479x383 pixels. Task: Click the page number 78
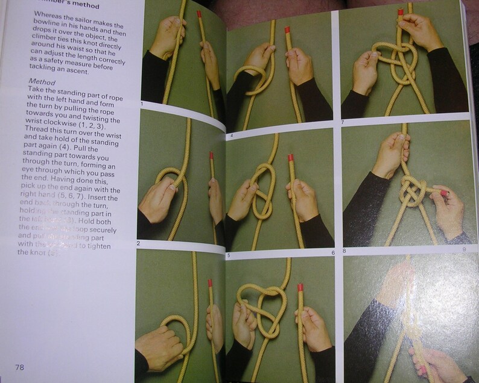point(19,367)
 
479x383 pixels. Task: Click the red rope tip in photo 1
point(199,13)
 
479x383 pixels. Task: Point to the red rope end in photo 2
point(212,156)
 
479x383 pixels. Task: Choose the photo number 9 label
point(465,249)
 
